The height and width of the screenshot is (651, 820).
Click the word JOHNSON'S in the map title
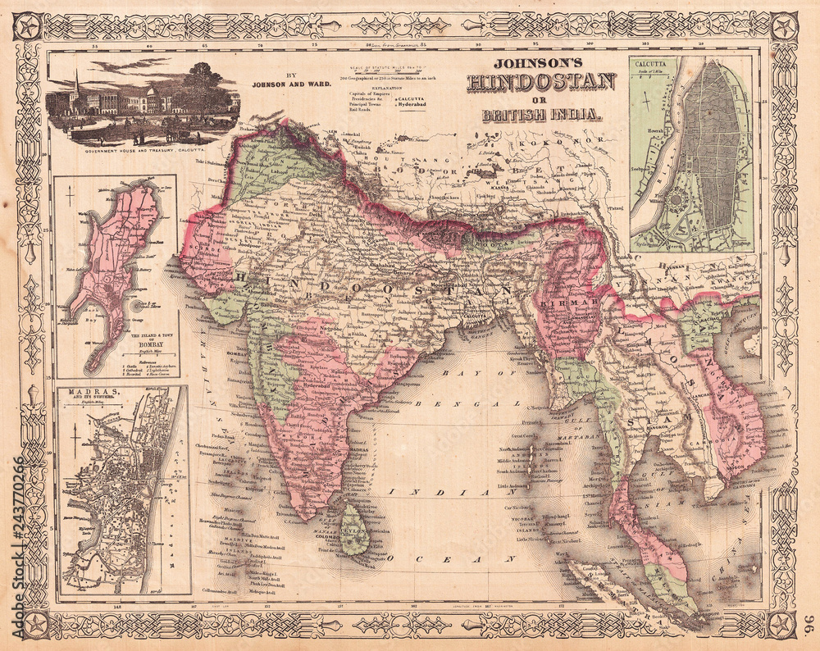coord(541,67)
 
